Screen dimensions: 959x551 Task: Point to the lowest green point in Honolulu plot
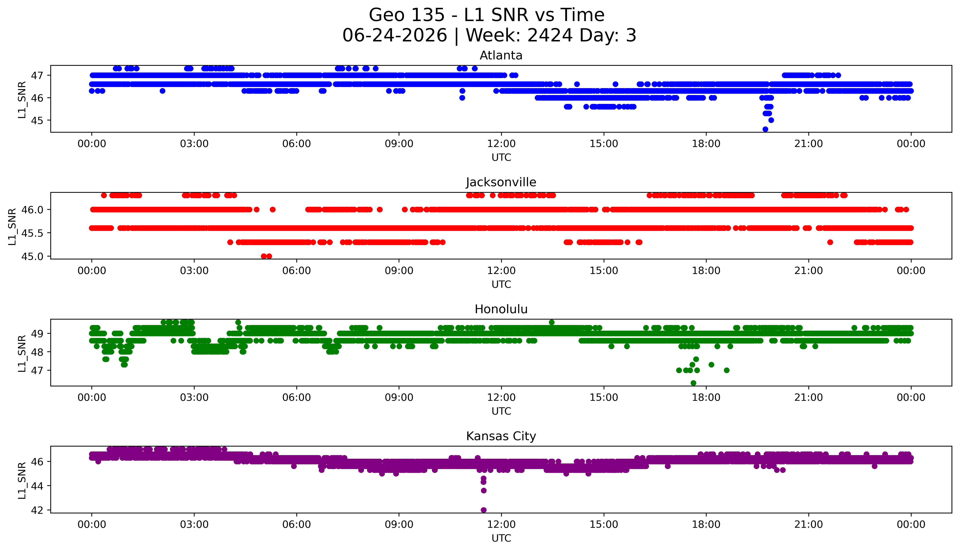693,383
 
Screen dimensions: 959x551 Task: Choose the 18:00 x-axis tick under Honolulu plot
706,398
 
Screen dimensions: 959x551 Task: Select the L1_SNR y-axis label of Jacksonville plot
12,226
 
